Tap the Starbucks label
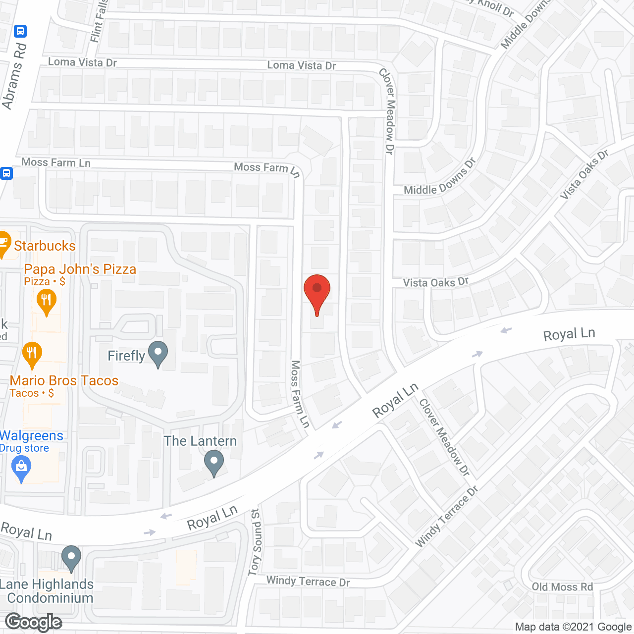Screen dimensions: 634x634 click(45, 246)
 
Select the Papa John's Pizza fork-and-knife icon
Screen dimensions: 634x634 click(47, 301)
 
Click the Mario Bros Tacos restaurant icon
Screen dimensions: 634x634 click(32, 353)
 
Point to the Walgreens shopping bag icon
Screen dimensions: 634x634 click(21, 467)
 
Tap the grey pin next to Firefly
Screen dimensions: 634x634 click(158, 354)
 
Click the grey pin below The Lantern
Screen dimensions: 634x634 click(214, 462)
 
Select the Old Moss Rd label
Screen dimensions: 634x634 click(562, 587)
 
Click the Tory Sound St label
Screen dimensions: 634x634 click(255, 542)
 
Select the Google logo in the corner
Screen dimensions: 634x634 click(34, 622)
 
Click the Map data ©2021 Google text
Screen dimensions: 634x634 click(573, 627)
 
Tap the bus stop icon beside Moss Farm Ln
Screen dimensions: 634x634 click(6, 173)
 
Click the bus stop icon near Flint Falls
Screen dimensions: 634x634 click(20, 31)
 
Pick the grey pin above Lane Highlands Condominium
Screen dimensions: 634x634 click(71, 558)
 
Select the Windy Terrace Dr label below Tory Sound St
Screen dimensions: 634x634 click(308, 581)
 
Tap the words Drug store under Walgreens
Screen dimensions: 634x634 click(25, 448)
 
